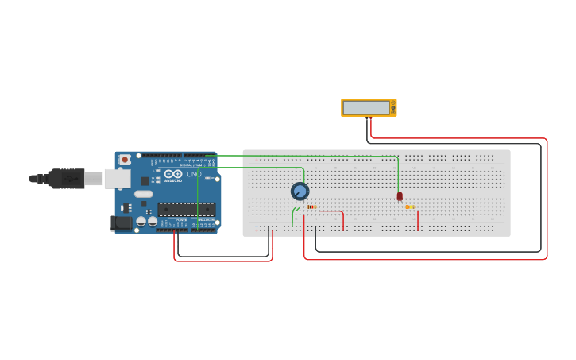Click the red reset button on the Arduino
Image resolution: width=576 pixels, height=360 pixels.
(125, 159)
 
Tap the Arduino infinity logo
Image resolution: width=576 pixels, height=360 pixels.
(173, 174)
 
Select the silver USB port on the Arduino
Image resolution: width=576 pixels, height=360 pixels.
(117, 179)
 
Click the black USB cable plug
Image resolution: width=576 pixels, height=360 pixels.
(68, 179)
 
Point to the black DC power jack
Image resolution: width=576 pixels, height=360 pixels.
(122, 223)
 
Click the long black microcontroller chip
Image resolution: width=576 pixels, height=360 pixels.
(186, 210)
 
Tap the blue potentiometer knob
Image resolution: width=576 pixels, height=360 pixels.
(300, 192)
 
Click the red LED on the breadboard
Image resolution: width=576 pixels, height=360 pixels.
(400, 196)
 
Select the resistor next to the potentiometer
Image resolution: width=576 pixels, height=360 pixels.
(311, 207)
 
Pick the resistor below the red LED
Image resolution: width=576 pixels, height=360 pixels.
(410, 207)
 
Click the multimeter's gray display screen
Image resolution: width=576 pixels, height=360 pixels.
(366, 107)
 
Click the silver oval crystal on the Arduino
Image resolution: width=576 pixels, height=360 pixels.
(143, 194)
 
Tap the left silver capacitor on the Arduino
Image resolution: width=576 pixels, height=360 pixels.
(141, 222)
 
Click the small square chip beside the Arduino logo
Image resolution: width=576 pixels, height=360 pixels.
(145, 181)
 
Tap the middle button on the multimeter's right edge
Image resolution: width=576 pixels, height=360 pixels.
(392, 107)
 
